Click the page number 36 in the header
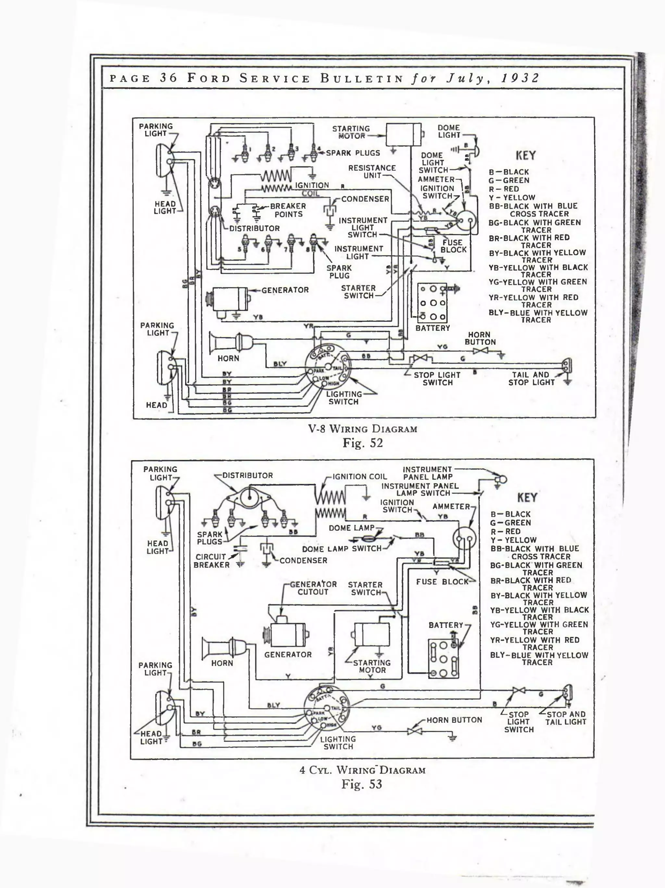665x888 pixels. [168, 78]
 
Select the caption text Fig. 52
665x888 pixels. [362, 443]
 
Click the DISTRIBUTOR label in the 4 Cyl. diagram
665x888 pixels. [247, 475]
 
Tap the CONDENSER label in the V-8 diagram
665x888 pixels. [365, 199]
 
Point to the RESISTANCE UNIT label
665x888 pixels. [372, 172]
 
